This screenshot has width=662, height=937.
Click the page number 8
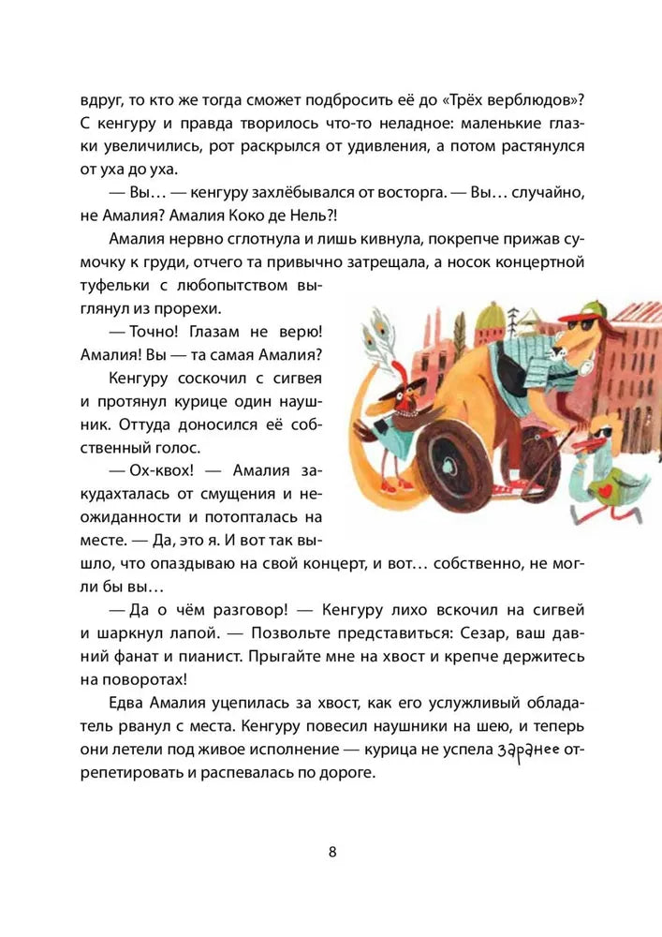332,852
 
